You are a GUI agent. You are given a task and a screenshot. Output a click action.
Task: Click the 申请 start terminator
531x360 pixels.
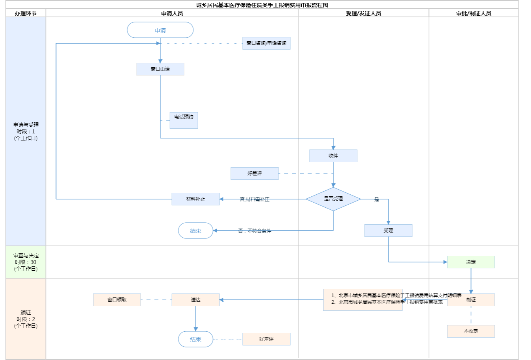coord(160,30)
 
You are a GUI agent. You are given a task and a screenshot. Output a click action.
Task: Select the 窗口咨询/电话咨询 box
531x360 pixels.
coord(266,43)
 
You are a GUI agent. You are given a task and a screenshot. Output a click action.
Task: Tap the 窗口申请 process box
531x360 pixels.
coord(160,69)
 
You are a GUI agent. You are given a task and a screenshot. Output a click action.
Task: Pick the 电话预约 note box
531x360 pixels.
coord(184,120)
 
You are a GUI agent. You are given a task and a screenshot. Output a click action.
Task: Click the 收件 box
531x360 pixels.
coord(333,156)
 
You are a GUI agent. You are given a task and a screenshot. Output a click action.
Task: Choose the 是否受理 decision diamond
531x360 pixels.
coord(333,199)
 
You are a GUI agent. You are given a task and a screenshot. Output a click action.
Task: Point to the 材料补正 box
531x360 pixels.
coord(195,199)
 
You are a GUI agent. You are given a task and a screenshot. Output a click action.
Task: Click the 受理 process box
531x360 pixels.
coord(388,231)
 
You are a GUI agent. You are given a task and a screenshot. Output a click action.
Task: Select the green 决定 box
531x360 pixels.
coord(471,262)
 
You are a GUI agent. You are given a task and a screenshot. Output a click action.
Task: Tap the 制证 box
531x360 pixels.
coord(471,300)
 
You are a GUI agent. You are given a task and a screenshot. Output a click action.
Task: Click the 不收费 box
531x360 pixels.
coord(471,331)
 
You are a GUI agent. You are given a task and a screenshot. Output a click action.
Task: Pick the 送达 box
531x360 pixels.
coord(195,300)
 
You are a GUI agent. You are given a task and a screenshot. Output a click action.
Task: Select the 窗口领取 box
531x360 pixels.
coord(117,300)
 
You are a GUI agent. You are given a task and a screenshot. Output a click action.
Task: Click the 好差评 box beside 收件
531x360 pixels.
coord(254,174)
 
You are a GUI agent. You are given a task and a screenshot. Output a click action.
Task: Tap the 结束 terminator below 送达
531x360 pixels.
coord(195,339)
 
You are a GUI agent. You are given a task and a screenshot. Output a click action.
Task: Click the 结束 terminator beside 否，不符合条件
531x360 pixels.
coord(195,231)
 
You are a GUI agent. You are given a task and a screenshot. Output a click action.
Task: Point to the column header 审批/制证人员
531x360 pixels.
coord(474,13)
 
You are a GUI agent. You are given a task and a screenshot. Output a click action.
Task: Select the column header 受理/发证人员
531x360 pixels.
coord(363,13)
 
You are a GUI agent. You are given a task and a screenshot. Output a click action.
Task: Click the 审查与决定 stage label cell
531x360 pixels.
coord(26,262)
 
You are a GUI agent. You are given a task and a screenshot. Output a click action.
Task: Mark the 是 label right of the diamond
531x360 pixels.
coord(376,199)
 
